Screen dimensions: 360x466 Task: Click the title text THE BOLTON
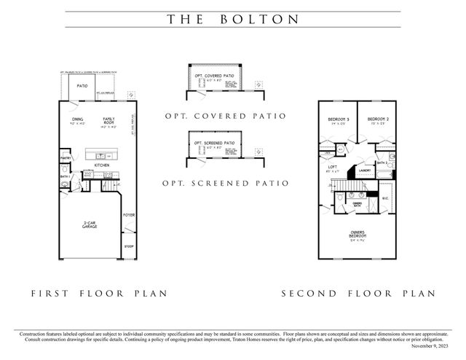233,20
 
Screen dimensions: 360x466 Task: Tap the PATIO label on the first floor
83,86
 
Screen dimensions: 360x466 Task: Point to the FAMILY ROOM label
108,121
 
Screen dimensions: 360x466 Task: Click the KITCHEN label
101,165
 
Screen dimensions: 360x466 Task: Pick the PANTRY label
65,158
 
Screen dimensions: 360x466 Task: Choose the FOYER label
129,215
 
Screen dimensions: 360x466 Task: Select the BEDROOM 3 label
339,119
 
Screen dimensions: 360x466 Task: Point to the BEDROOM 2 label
378,119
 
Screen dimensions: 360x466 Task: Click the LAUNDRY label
365,171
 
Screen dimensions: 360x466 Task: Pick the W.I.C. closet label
385,198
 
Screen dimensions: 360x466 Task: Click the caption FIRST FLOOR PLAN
99,294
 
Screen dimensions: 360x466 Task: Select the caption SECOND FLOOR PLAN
358,294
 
